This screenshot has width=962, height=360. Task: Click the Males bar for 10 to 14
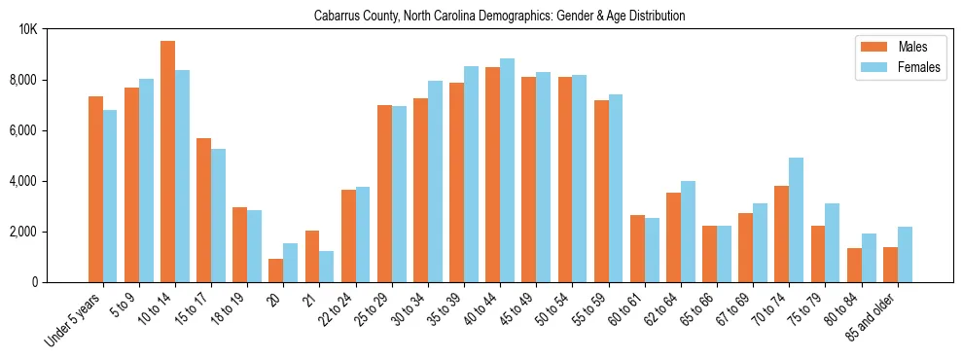click(167, 162)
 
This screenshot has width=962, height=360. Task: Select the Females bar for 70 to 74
click(796, 220)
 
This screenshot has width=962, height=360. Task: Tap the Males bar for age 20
click(276, 270)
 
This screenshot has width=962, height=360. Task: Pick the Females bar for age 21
click(327, 267)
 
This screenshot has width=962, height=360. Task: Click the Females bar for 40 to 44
click(507, 170)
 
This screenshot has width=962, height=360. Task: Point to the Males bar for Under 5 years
click(95, 190)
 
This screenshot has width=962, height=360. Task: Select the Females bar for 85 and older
click(905, 255)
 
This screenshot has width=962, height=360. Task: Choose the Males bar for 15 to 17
click(203, 210)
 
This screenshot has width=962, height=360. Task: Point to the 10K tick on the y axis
click(28, 29)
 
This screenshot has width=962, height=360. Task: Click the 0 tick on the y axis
click(34, 282)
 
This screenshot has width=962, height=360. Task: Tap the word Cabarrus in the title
click(336, 16)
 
